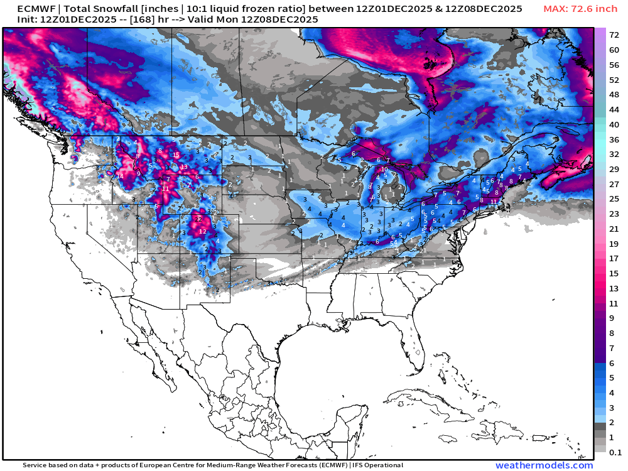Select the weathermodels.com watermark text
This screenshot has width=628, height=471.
tap(544, 465)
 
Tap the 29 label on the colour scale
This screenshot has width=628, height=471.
tap(615, 170)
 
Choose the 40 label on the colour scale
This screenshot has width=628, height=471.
tap(615, 124)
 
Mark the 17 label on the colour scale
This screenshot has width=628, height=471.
tap(615, 258)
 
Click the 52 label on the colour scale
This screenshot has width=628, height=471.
tap(615, 80)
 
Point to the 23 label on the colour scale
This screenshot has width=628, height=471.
tap(615, 214)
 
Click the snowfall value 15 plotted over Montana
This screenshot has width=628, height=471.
tap(176, 155)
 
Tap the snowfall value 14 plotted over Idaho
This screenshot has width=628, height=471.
tap(120, 176)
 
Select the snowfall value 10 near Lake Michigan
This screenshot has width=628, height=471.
tap(384, 170)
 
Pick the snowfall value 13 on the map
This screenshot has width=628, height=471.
tap(184, 167)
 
